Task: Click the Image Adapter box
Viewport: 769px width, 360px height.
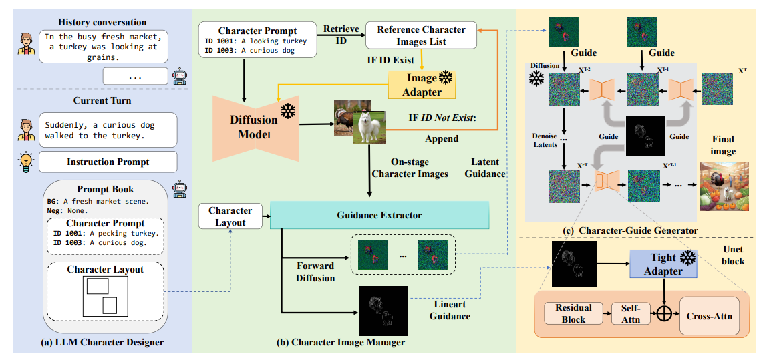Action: [422, 85]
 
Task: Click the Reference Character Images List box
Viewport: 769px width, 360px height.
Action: [421, 35]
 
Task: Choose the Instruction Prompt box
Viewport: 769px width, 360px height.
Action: [108, 162]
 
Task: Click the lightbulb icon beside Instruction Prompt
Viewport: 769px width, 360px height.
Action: [25, 162]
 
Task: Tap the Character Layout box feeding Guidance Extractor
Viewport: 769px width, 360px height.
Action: [230, 216]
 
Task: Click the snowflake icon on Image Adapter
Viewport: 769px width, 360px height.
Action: [445, 79]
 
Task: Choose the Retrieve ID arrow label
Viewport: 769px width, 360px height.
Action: [341, 34]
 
